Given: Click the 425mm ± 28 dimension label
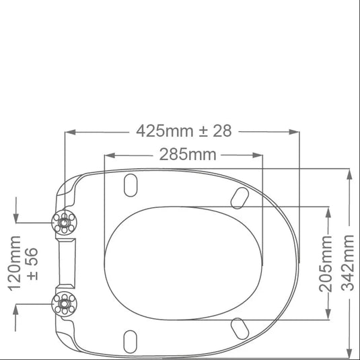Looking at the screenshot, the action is click(x=184, y=131).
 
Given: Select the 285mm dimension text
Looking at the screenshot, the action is click(x=188, y=155).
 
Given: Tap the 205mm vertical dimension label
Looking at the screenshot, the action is click(x=326, y=264).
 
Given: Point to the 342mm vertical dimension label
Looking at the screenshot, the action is click(x=347, y=263).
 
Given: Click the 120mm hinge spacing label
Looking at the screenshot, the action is click(x=14, y=263).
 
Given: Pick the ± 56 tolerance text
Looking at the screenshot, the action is click(x=32, y=264).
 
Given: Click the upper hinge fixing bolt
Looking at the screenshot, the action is click(x=64, y=223).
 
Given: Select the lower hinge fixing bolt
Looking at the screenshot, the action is click(x=65, y=304).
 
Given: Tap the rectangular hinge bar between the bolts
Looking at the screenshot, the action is click(x=66, y=263).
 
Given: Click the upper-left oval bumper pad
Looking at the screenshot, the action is click(x=131, y=185).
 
